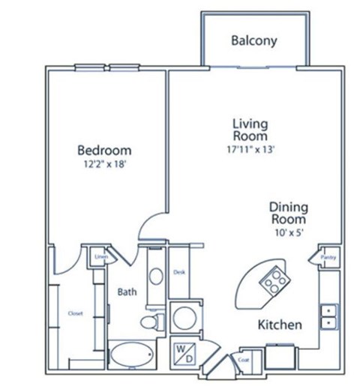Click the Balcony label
click(x=254, y=40)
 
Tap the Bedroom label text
click(x=105, y=149)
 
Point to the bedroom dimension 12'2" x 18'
click(x=105, y=163)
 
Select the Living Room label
click(x=250, y=130)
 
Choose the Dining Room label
click(x=288, y=213)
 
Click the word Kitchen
click(x=280, y=325)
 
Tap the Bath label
click(x=125, y=292)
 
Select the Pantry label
click(x=328, y=258)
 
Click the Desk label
click(x=179, y=272)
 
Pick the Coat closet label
click(x=244, y=358)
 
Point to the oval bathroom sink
click(x=155, y=275)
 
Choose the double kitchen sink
click(x=328, y=316)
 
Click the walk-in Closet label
click(x=75, y=313)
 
